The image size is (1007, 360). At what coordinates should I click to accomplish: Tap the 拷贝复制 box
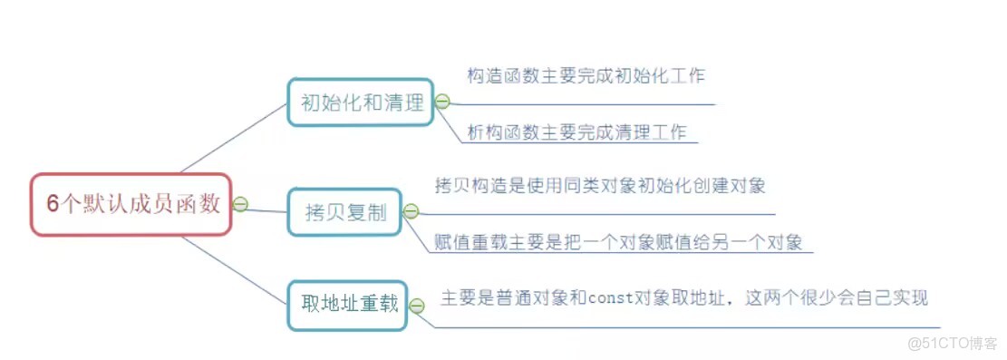(345, 213)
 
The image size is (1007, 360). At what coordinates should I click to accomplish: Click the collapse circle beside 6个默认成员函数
(240, 204)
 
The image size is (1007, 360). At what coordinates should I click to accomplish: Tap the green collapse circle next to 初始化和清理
(442, 102)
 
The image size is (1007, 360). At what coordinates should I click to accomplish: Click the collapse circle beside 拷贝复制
(411, 212)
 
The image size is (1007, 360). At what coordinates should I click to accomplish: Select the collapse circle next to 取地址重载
(416, 306)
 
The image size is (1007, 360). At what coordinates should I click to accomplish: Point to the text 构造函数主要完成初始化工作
(586, 76)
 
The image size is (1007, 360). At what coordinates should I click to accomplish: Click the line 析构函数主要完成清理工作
(576, 131)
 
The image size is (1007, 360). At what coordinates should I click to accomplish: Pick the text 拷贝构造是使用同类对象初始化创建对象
(600, 186)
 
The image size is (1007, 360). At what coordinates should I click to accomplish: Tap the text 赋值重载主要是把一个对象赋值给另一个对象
(618, 242)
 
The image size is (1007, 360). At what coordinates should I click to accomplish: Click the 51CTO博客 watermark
(952, 343)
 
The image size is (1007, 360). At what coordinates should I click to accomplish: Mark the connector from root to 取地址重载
(234, 270)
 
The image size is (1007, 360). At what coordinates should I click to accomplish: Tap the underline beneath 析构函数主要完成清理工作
(580, 142)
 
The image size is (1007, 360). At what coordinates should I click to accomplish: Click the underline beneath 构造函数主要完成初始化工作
(589, 103)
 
